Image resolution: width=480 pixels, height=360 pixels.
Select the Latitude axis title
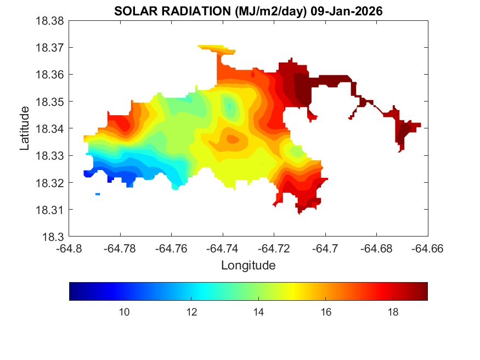tap(25, 128)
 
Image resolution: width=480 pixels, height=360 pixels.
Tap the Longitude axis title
tap(248, 266)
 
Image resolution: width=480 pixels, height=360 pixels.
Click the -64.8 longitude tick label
tap(69, 249)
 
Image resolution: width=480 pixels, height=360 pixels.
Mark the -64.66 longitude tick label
tap(428, 249)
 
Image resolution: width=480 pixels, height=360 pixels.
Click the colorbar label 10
tap(124, 312)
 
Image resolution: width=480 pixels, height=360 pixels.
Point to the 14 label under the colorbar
tap(258, 312)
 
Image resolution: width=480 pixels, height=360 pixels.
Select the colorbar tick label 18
tap(393, 312)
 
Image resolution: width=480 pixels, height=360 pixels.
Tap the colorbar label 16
tap(325, 312)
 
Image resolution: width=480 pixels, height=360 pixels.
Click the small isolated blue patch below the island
tap(98, 194)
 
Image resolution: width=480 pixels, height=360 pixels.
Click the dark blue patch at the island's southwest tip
tap(88, 173)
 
